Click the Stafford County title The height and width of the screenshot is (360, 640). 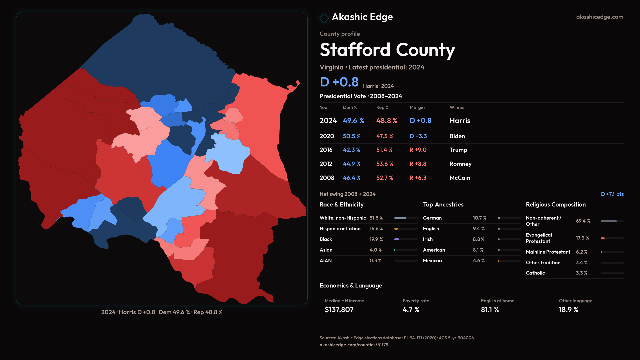tap(387, 50)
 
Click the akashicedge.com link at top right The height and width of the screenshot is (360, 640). tap(599, 17)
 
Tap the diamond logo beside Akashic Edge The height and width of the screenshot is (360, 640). tap(324, 18)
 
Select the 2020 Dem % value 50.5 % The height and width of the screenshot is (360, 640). tap(352, 136)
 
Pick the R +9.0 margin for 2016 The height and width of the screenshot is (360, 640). tap(418, 150)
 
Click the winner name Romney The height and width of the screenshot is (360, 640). tap(460, 164)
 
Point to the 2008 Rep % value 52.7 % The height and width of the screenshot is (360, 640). tap(385, 178)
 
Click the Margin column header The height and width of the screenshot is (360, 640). tap(417, 107)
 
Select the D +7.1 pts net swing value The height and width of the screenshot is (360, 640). tap(612, 194)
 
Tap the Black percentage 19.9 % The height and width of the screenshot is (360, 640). tap(376, 239)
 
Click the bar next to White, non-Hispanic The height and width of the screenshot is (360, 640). tap(406, 218)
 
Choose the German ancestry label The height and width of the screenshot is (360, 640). tap(432, 218)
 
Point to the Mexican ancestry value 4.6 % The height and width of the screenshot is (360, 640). tap(479, 261)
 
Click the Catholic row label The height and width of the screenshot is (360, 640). tap(535, 273)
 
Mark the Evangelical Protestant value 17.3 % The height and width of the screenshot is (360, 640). tap(582, 238)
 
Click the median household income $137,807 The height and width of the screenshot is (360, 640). tap(339, 310)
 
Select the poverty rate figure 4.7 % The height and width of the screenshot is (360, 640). tap(411, 310)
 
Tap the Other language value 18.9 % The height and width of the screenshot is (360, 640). tap(568, 310)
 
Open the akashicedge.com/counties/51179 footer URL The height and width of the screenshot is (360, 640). tap(354, 345)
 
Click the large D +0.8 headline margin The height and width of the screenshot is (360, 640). tap(339, 82)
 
